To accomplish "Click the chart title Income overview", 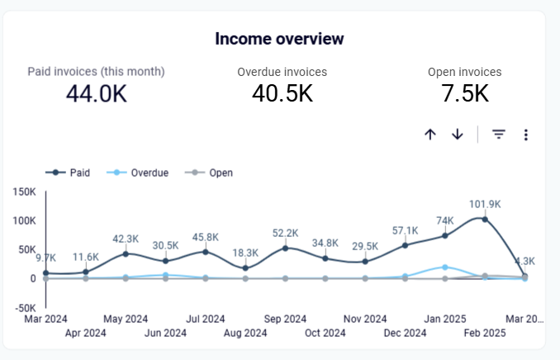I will [279, 39].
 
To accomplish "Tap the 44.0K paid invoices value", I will [96, 93].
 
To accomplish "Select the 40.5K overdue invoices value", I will [282, 93].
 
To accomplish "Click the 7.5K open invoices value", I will [464, 93].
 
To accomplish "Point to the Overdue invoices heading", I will [282, 72].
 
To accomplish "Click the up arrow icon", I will [429, 135].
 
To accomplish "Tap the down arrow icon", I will [458, 135].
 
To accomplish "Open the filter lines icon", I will [499, 135].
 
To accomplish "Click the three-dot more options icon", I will [525, 135].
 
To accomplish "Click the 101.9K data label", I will [485, 205].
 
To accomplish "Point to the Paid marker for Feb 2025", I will [485, 220].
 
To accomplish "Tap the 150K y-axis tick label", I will [23, 192].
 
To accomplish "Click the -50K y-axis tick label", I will [23, 308].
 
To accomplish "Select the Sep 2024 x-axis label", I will [285, 319].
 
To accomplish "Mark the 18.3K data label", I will [245, 253].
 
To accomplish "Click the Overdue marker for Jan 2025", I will [445, 267].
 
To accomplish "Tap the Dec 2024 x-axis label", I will [405, 333].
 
